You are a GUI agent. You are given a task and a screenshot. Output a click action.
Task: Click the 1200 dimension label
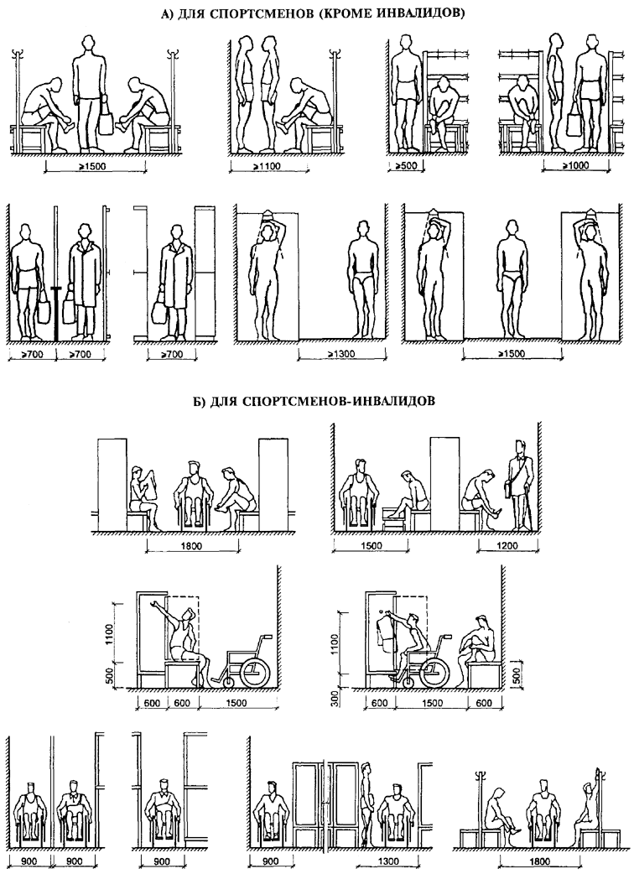pos(495,545)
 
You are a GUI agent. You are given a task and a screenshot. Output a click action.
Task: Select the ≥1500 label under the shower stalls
pos(509,356)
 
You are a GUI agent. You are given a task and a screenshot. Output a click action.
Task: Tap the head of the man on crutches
pos(516,450)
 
